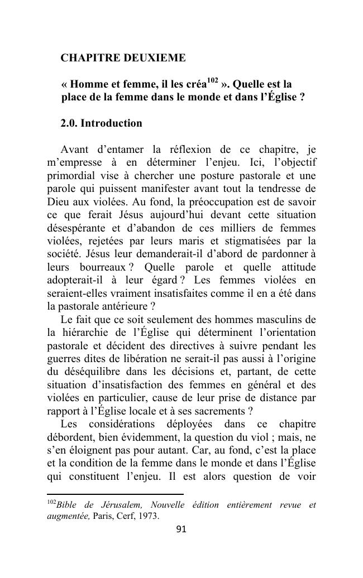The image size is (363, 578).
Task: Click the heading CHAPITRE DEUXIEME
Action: (x=122, y=58)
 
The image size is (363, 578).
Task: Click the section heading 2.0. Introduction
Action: (x=101, y=123)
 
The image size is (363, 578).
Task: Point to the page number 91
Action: (x=181, y=529)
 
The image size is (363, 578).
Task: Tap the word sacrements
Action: (x=218, y=411)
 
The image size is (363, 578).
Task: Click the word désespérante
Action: (x=76, y=228)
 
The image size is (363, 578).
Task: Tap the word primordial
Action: (x=69, y=176)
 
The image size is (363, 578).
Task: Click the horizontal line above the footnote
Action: (x=115, y=494)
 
